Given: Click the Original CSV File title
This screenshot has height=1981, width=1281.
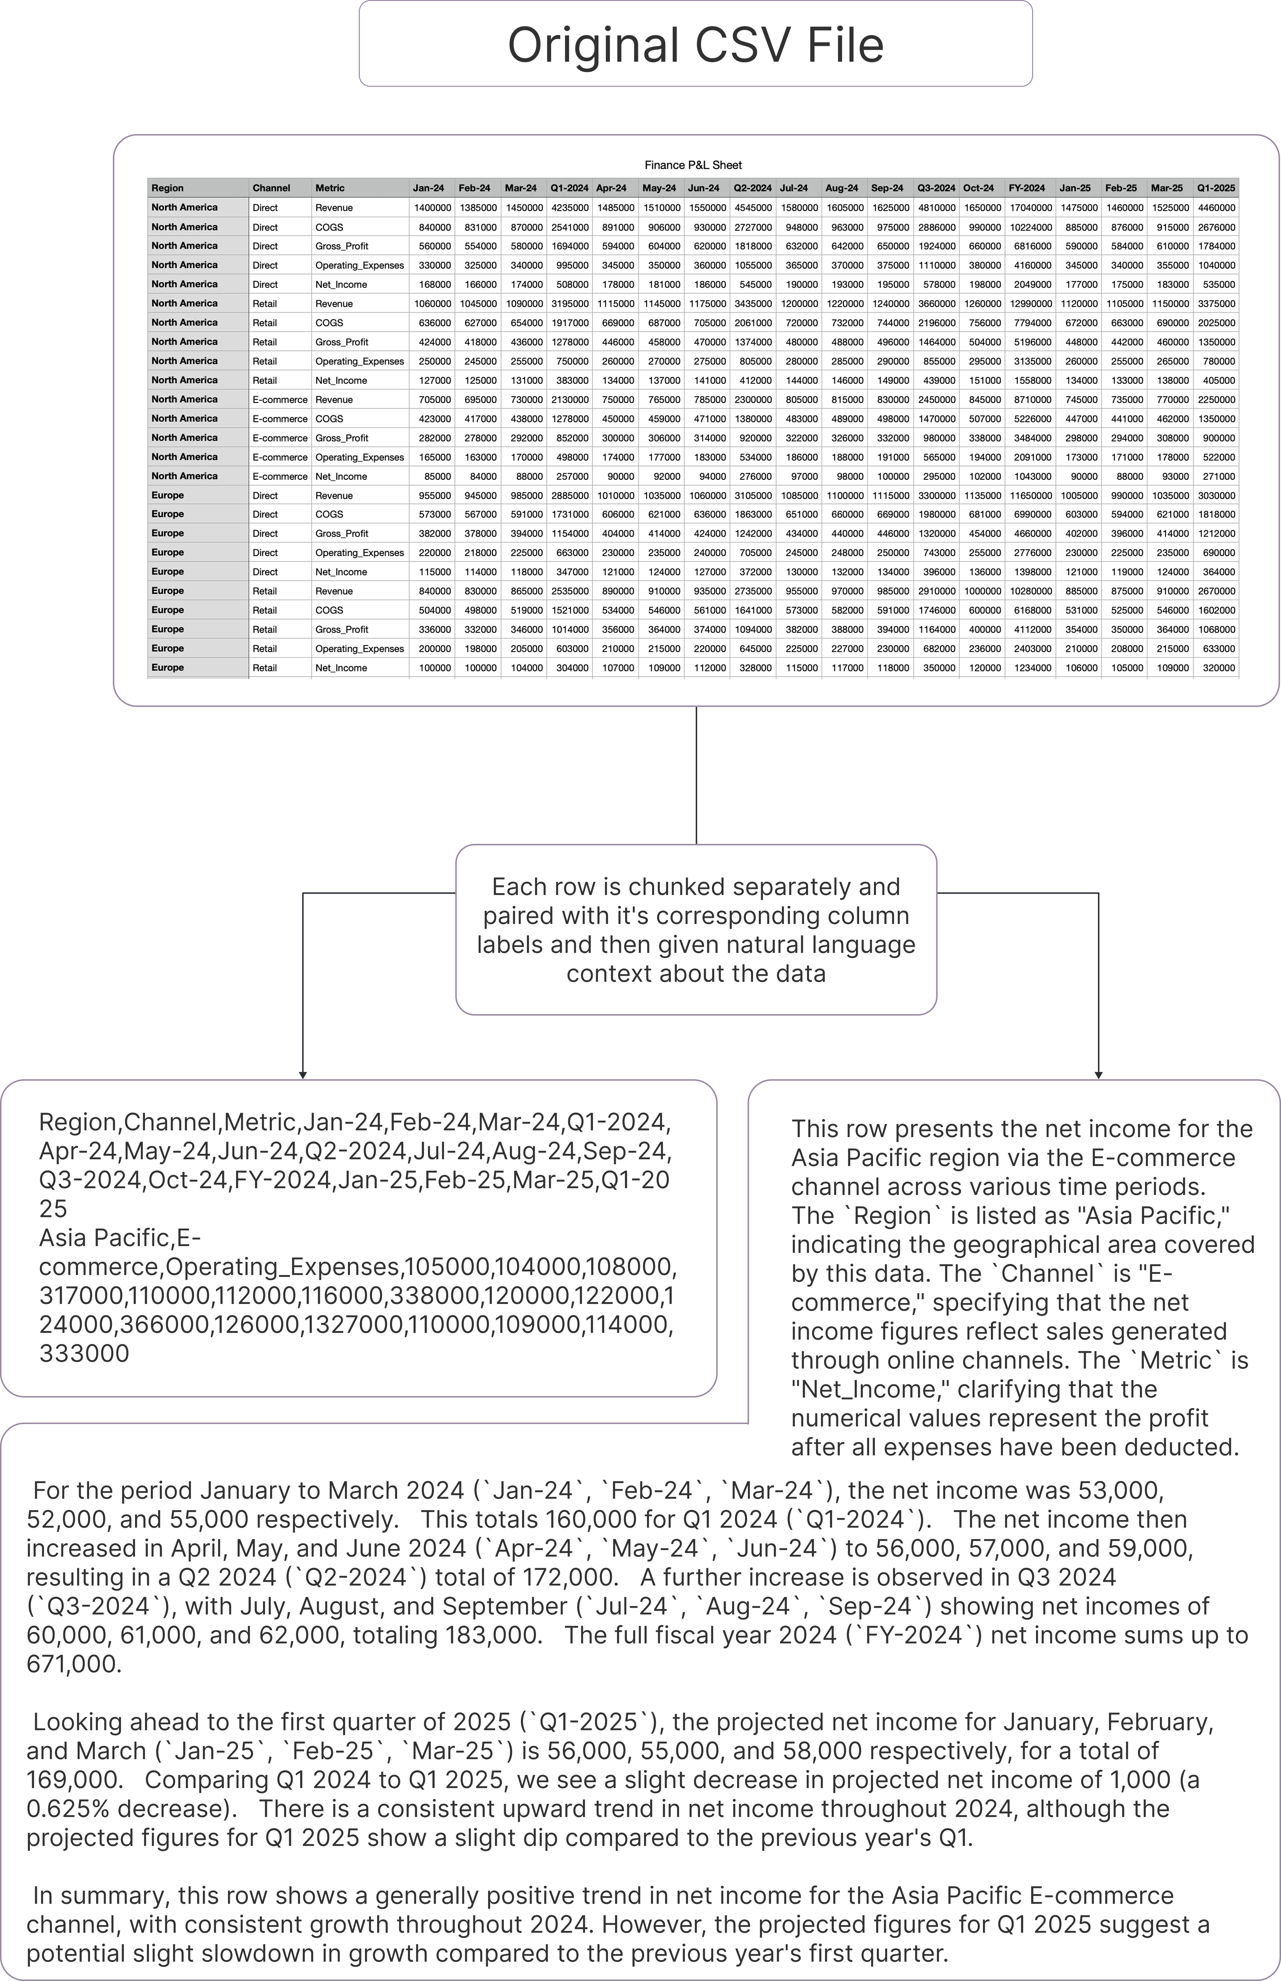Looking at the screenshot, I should point(695,45).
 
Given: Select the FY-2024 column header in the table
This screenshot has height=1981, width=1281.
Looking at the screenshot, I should point(1026,188).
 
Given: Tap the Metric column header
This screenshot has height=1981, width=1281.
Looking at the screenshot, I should point(329,188).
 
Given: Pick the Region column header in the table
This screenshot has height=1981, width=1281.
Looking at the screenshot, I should point(168,188).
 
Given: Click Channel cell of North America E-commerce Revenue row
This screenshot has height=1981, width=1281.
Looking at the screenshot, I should point(279,399).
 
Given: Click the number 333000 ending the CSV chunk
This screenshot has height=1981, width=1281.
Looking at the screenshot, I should point(84,1354).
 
